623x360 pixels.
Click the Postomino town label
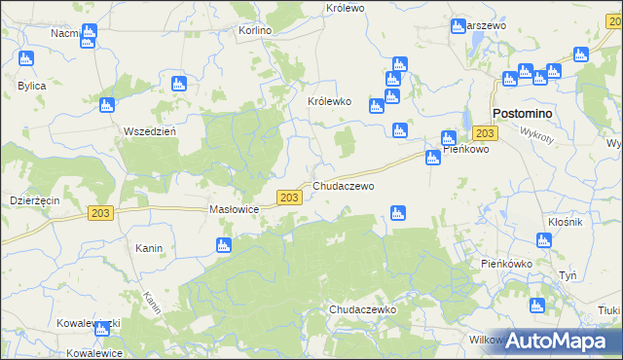click(x=523, y=114)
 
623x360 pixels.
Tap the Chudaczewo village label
click(x=343, y=185)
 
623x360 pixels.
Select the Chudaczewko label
click(x=361, y=308)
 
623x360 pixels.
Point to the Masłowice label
click(x=234, y=209)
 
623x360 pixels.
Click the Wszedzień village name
click(x=149, y=131)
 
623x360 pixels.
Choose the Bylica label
click(x=32, y=86)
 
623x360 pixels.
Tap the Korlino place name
click(x=255, y=30)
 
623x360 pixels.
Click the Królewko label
click(x=329, y=101)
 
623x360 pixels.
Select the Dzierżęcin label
click(x=35, y=199)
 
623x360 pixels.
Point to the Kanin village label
click(x=149, y=248)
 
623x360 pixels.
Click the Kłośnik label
click(x=565, y=223)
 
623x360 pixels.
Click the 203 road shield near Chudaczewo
click(x=288, y=197)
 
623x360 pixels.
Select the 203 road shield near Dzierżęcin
click(x=99, y=213)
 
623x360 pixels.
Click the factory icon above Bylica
click(x=26, y=58)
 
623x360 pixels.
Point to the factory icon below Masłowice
click(x=224, y=245)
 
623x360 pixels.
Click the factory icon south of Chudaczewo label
click(x=397, y=213)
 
